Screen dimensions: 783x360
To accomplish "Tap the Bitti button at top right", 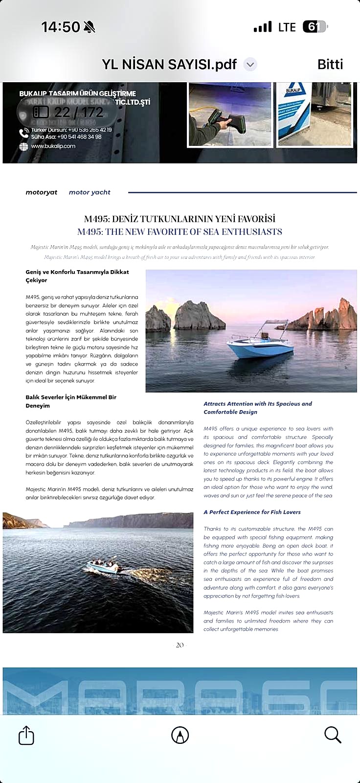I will point(330,64).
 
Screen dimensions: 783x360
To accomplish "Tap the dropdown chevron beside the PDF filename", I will point(250,64).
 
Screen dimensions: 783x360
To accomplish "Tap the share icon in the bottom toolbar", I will point(26,735).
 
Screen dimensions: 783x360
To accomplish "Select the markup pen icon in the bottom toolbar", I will point(180,735).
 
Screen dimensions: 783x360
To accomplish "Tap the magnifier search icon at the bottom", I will point(333,735).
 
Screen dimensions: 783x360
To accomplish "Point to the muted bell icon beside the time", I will point(89,27).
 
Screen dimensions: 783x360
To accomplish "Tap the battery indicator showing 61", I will point(315,27).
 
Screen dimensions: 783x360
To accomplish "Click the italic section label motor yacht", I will point(90,192).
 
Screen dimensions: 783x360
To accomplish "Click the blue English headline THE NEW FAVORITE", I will point(180,232).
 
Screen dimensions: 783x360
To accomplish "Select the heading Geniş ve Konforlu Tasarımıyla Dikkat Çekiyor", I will point(77,276).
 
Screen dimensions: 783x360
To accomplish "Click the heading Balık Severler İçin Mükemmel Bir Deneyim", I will point(71,401).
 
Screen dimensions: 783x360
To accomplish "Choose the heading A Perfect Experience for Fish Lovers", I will point(252,512).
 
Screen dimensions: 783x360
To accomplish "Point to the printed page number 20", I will point(180,645).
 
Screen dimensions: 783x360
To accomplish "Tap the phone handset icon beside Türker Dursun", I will point(23,133).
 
